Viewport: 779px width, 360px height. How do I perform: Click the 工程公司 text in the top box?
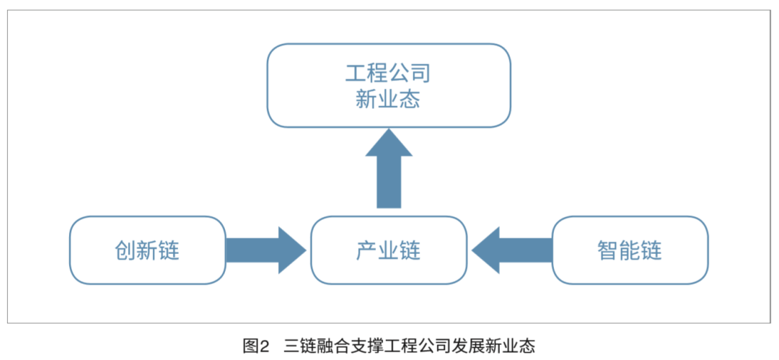pyautogui.click(x=388, y=73)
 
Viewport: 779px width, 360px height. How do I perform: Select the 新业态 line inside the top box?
pyautogui.click(x=388, y=100)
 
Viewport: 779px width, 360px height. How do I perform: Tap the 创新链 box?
pyautogui.click(x=148, y=250)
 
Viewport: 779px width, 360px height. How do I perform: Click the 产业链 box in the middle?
pyautogui.click(x=389, y=250)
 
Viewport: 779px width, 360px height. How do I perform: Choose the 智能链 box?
pyautogui.click(x=630, y=250)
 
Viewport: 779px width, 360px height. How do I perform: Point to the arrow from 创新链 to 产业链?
pyautogui.click(x=265, y=250)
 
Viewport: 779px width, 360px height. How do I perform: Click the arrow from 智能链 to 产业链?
pyautogui.click(x=511, y=250)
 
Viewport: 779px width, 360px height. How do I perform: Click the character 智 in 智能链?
pyautogui.click(x=608, y=250)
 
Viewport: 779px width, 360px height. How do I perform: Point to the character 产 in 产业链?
pyautogui.click(x=367, y=250)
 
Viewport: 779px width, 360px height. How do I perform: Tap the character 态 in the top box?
pyautogui.click(x=409, y=100)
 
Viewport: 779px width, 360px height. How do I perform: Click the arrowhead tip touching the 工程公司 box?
pyautogui.click(x=389, y=131)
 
